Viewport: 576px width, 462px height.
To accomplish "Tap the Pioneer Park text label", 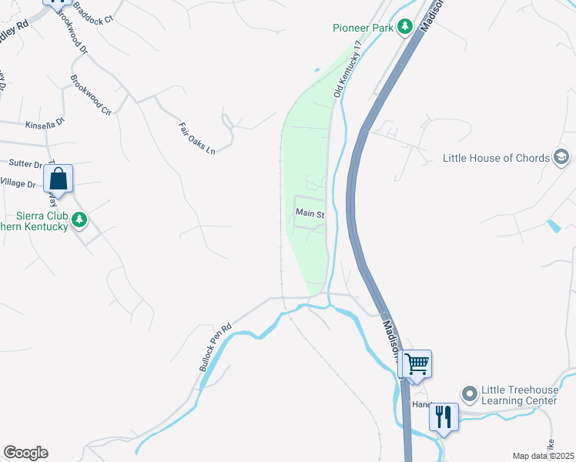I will (363, 28).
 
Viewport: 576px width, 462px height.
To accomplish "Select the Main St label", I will (308, 213).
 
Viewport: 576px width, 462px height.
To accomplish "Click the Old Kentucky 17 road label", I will (347, 70).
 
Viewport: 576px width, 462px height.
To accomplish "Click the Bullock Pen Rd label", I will (216, 347).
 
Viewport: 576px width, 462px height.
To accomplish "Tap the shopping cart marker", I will (417, 363).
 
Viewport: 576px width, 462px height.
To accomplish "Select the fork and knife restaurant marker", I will (444, 416).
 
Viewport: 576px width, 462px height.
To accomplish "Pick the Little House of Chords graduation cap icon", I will (562, 159).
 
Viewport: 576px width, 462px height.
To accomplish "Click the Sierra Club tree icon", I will (79, 221).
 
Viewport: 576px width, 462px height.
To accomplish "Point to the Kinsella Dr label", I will (45, 123).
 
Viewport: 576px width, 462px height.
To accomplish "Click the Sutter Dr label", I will (25, 164).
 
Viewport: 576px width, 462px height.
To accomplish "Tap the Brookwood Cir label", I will (91, 95).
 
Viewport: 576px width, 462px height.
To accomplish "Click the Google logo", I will (25, 453).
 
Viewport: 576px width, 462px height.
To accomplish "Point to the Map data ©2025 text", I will (543, 456).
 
